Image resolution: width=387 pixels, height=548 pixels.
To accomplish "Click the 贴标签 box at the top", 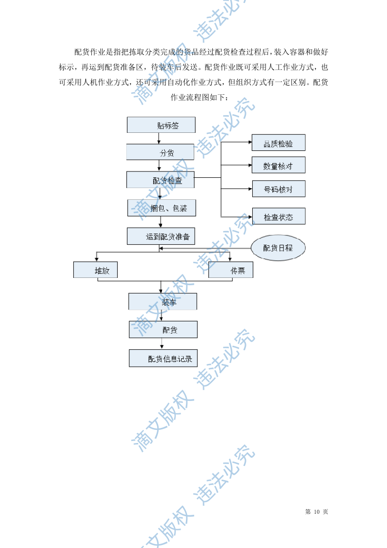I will [161, 125].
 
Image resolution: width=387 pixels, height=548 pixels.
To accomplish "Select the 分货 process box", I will [161, 152].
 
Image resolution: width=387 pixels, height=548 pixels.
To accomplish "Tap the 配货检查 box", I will [161, 180].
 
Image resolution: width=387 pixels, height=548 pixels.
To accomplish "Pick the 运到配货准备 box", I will [161, 236].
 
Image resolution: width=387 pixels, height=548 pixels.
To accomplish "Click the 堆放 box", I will [95, 270].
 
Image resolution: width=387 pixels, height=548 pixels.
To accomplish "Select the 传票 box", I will [230, 270].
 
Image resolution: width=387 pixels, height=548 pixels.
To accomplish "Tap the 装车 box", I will [163, 301].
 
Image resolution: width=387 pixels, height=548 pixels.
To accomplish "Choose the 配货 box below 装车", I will [163, 330].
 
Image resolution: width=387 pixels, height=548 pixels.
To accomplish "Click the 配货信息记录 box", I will [163, 358].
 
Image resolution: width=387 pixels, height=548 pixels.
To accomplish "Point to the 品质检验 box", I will [278, 143].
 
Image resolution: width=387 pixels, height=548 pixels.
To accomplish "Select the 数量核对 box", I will [278, 165].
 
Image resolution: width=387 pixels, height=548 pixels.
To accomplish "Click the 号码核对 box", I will [278, 189].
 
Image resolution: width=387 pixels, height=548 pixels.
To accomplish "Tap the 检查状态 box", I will [278, 216].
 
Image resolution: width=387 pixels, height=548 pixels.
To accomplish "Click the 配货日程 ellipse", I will [278, 248].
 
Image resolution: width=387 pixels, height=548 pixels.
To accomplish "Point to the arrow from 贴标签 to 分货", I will [159, 138].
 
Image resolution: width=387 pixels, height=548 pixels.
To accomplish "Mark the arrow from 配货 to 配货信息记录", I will [162, 344].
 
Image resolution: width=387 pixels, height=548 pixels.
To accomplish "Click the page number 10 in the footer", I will [316, 512].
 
